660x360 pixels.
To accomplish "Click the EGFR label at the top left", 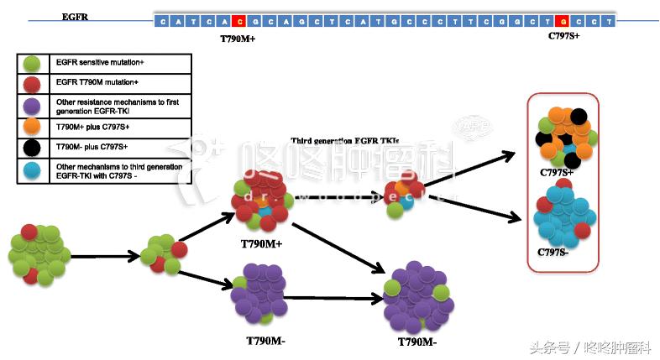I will click(x=75, y=16).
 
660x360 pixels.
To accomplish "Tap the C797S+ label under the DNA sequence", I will click(x=563, y=36).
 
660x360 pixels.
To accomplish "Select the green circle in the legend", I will click(x=32, y=63).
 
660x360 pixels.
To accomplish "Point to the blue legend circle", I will click(x=32, y=170).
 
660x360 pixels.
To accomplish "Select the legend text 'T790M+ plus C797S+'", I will click(x=87, y=126).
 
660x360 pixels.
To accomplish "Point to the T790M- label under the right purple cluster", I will click(x=418, y=342).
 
